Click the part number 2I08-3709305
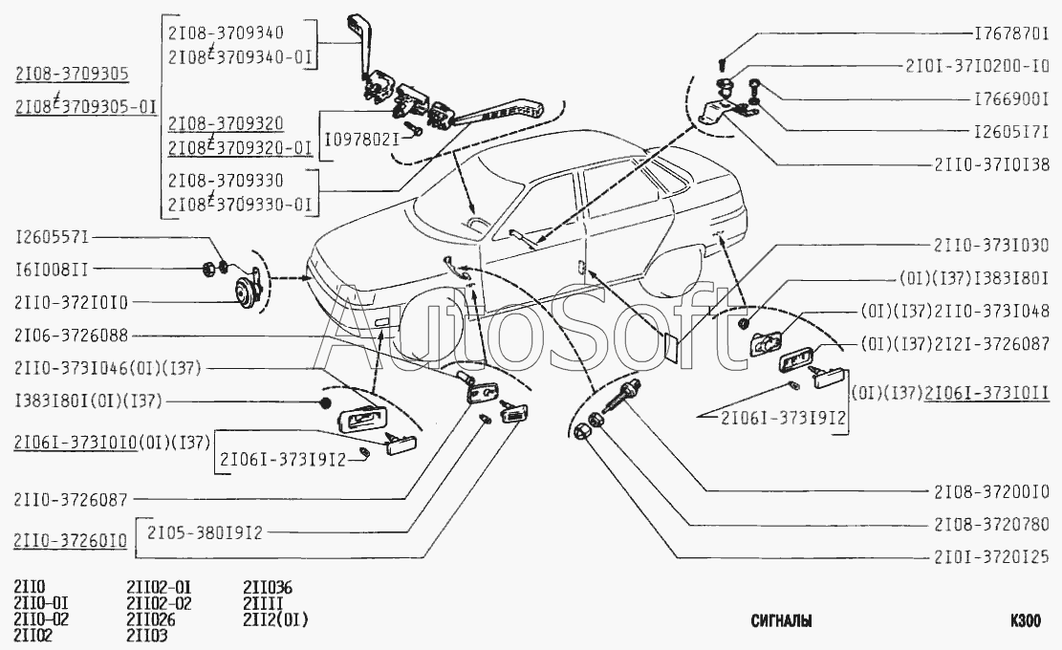pyautogui.click(x=72, y=74)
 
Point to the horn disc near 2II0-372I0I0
pyautogui.click(x=243, y=291)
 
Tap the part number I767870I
pyautogui.click(x=1011, y=33)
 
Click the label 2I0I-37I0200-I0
pyautogui.click(x=977, y=66)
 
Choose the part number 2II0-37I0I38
pyautogui.click(x=991, y=163)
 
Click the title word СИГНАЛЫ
pyautogui.click(x=781, y=621)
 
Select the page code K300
pyautogui.click(x=1026, y=621)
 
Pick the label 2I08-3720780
pyautogui.click(x=991, y=525)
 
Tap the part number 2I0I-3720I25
pyautogui.click(x=991, y=556)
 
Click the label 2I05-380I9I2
pyautogui.click(x=205, y=532)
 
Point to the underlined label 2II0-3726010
pyautogui.click(x=71, y=541)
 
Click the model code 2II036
pyautogui.click(x=268, y=587)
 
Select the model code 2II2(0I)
pyautogui.click(x=275, y=618)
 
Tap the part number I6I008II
pyautogui.click(x=52, y=270)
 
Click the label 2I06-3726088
pyautogui.click(x=71, y=336)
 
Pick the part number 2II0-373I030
pyautogui.click(x=991, y=245)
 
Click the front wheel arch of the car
pyautogui.click(x=432, y=306)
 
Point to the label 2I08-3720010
pyautogui.click(x=991, y=492)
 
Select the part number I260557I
pyautogui.click(x=53, y=237)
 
